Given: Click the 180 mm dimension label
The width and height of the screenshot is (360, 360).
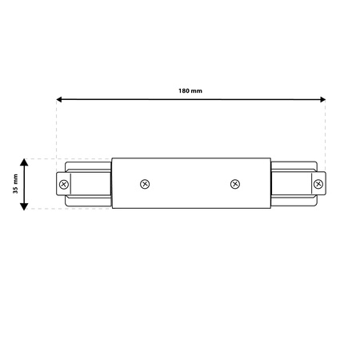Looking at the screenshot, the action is [190, 91].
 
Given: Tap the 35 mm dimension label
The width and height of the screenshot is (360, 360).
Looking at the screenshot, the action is [16, 184].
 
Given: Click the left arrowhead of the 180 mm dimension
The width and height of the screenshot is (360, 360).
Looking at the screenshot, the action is [59, 99].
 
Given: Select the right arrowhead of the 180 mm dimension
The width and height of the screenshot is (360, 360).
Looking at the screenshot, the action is [322, 99].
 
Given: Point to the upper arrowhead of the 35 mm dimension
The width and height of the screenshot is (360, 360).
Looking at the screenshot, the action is [24, 162].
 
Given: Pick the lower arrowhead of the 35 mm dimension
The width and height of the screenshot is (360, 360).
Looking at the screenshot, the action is [24, 206].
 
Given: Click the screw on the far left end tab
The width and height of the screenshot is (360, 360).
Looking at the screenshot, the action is [64, 184].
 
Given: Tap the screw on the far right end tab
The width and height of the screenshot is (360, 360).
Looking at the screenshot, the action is [318, 184].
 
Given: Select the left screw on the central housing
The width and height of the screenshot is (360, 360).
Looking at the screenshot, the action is [145, 184].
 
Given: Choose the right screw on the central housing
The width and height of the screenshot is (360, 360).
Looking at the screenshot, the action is [235, 184].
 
